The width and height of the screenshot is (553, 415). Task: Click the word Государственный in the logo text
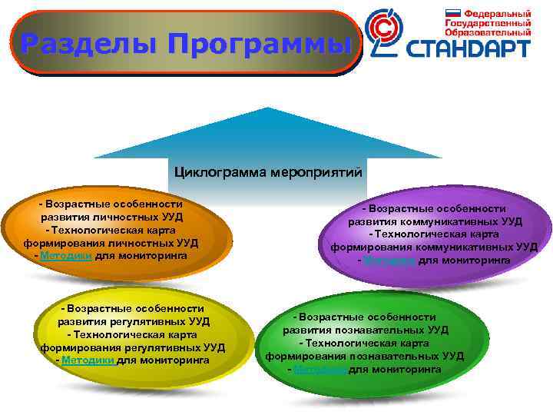(x=488, y=24)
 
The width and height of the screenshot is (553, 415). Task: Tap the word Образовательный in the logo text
(x=488, y=34)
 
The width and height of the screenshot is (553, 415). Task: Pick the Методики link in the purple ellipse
(x=389, y=261)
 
